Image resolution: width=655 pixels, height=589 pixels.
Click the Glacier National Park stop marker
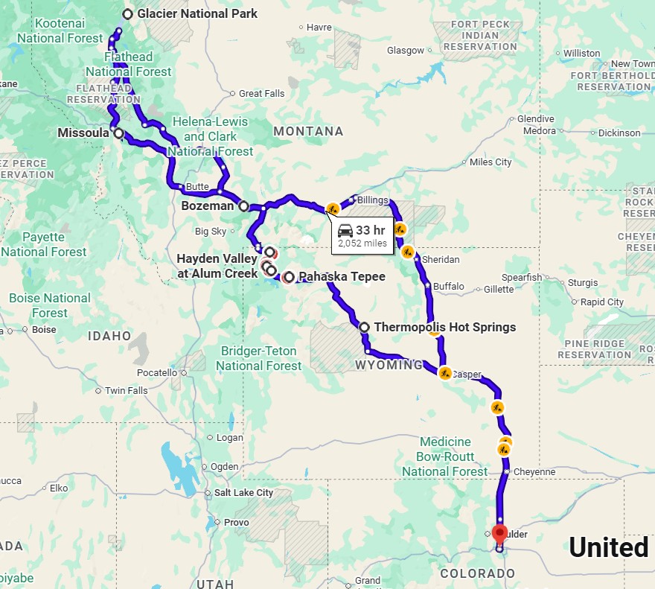click(128, 13)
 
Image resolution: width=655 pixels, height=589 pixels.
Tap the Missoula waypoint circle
click(118, 133)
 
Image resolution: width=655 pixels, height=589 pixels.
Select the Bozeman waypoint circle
click(243, 206)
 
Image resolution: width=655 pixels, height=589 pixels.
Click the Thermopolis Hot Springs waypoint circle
click(364, 327)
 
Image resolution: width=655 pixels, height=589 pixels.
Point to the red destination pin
click(499, 534)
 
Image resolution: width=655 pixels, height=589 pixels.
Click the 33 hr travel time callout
click(362, 235)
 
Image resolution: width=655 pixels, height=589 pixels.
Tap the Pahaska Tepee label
click(342, 277)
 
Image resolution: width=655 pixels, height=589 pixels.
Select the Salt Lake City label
click(243, 492)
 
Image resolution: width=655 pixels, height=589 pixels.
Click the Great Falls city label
click(261, 94)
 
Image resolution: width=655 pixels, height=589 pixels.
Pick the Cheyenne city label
click(534, 471)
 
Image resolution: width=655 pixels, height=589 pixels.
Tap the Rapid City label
click(602, 302)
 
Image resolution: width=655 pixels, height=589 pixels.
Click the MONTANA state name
click(308, 132)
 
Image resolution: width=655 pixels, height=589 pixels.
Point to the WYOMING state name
click(389, 366)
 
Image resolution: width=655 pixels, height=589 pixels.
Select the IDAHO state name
click(109, 336)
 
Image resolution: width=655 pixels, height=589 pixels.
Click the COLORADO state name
click(477, 573)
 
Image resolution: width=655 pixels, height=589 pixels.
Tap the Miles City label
click(491, 162)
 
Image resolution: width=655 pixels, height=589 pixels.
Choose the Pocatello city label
click(158, 372)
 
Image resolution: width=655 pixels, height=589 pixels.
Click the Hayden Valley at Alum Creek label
click(217, 266)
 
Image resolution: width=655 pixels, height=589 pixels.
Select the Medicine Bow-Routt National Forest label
click(445, 456)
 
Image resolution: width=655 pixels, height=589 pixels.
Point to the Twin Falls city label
click(127, 390)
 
